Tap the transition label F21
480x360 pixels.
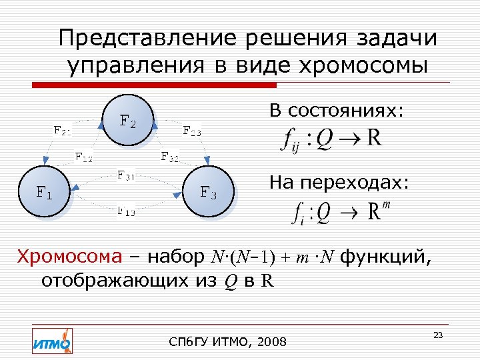click(x=64, y=130)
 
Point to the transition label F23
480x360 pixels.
click(x=192, y=131)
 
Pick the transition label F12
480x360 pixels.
click(x=83, y=157)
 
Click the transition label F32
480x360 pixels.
click(x=169, y=157)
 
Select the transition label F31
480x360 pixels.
click(x=126, y=176)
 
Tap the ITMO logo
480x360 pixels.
click(x=52, y=341)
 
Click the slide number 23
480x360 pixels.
click(x=438, y=335)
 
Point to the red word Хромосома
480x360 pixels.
click(x=70, y=256)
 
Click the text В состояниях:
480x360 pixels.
click(x=337, y=110)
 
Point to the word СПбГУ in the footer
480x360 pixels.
click(x=189, y=343)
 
